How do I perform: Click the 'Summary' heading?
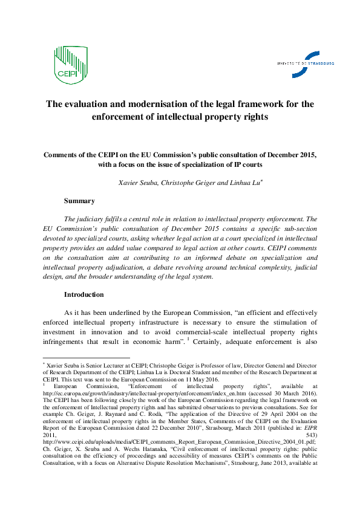tap(79, 200)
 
